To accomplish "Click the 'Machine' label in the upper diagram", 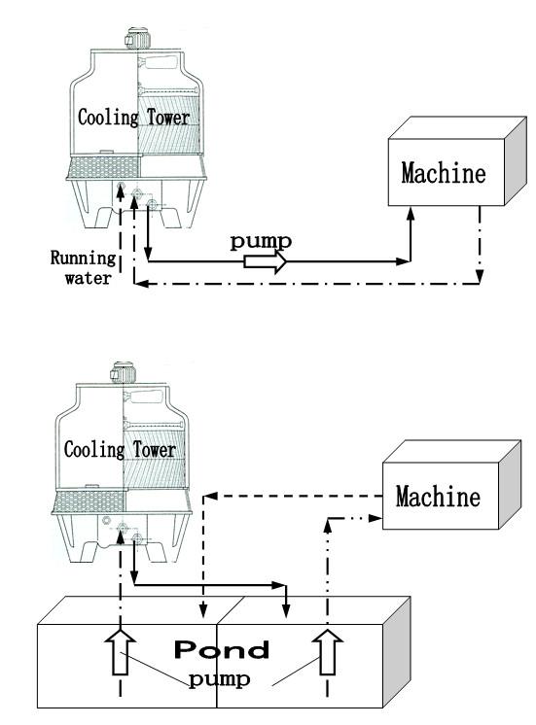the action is (444, 172).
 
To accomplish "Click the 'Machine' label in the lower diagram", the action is (438, 496).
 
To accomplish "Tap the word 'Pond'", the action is (221, 649).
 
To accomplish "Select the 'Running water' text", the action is (83, 267).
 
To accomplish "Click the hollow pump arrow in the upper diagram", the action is (266, 261).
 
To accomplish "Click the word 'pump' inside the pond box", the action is (220, 680).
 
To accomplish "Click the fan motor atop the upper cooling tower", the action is (137, 38).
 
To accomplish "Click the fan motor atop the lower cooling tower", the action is (123, 372).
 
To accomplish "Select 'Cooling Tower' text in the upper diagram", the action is (134, 117).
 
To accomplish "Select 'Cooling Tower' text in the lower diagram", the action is (120, 449).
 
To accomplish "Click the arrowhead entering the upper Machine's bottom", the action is (411, 213).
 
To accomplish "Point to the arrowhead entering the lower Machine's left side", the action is (376, 518).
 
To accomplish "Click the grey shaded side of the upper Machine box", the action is (516, 160).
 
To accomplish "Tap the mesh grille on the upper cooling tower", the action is (103, 167).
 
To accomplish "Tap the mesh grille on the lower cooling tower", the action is (89, 501).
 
